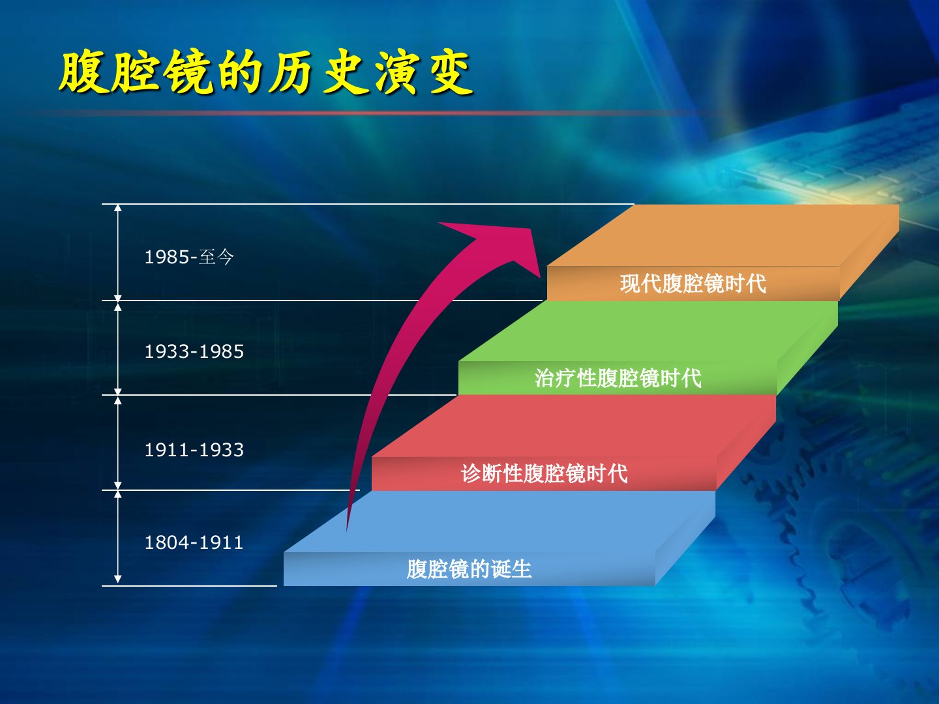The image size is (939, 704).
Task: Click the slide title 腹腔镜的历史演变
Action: point(265,72)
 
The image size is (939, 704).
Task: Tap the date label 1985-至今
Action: point(190,257)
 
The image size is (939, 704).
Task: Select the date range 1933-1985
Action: point(194,351)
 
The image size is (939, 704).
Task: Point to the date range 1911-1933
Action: point(194,450)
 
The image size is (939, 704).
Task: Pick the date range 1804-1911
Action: point(194,542)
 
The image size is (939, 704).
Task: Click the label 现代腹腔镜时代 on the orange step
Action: point(693,284)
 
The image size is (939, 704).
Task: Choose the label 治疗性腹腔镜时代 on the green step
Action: point(618,378)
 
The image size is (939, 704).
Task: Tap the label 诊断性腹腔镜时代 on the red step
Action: point(544,473)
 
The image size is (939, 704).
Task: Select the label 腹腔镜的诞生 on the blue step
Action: point(469,569)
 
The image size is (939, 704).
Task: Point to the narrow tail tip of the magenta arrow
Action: point(347,530)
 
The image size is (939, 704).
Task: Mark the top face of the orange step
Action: point(723,235)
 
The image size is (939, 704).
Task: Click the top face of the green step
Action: point(648,331)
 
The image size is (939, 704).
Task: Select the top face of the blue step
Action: point(499,521)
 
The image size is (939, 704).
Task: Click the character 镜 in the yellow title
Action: point(190,72)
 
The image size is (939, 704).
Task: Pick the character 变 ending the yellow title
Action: point(451,72)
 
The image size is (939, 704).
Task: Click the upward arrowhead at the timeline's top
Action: point(117,208)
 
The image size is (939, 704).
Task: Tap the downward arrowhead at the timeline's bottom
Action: point(117,579)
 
